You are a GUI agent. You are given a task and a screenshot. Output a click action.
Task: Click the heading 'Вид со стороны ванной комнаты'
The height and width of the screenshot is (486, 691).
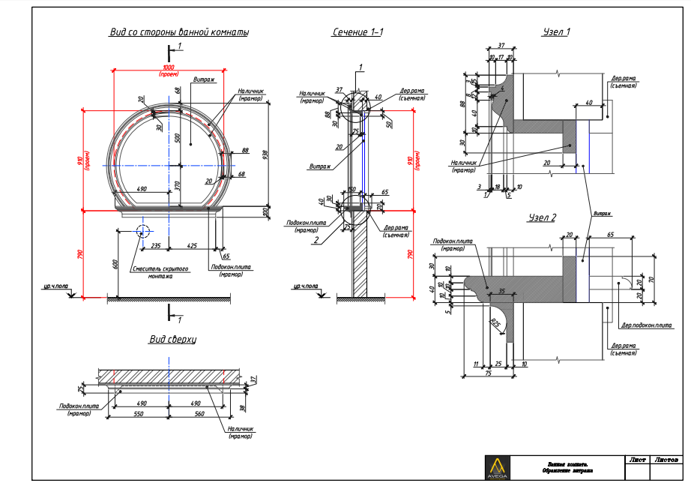click(x=179, y=32)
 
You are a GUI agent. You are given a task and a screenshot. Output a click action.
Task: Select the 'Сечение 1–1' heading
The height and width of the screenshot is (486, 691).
click(x=358, y=32)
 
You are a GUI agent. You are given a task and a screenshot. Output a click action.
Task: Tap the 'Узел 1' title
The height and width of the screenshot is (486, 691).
click(x=556, y=32)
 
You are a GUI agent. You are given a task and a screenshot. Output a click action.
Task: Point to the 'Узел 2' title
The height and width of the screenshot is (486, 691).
click(x=542, y=217)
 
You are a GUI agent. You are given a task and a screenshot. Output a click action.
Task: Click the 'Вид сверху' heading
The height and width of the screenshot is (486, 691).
click(x=172, y=339)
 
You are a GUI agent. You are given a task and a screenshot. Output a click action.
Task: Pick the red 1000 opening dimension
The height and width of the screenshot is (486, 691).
click(x=169, y=67)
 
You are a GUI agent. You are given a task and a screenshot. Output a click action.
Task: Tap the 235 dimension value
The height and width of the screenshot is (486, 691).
click(x=156, y=244)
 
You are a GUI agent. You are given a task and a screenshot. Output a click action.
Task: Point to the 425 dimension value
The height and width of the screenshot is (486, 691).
click(x=193, y=244)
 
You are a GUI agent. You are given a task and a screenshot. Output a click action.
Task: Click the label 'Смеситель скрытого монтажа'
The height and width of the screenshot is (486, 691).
click(x=159, y=271)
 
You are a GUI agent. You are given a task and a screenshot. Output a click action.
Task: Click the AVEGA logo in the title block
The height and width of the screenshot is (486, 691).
click(x=496, y=466)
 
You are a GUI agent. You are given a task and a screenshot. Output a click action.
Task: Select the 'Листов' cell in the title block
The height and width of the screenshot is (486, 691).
click(x=667, y=459)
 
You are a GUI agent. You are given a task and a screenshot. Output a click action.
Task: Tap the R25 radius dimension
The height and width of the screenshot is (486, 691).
click(x=495, y=323)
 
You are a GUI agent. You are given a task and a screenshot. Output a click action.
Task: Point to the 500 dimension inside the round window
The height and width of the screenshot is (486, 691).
click(x=177, y=138)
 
